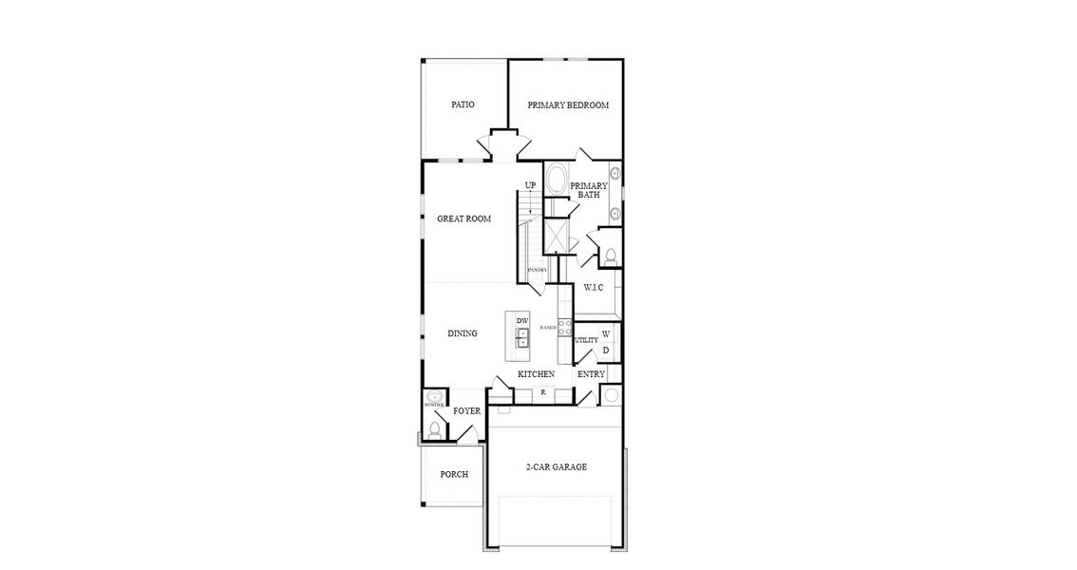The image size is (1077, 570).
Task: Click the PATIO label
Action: [463, 104]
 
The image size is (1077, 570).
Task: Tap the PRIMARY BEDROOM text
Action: [568, 104]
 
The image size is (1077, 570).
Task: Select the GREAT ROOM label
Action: [463, 218]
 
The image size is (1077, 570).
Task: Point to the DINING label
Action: [463, 333]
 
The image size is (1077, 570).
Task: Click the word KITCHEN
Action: [536, 374]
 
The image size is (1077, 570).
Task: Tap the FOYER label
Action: [466, 411]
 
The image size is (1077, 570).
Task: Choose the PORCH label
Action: [454, 474]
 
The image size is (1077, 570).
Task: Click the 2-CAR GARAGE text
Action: [557, 466]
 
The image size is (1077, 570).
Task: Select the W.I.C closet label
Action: [594, 287]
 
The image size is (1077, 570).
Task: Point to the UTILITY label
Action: [586, 340]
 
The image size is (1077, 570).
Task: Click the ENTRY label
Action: [591, 374]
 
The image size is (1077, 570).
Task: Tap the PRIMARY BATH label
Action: [589, 190]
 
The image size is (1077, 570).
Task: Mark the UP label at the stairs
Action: [530, 185]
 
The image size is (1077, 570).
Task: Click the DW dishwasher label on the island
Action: [522, 321]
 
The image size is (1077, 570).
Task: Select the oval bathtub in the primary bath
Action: [557, 180]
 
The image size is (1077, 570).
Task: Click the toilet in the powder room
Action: [434, 428]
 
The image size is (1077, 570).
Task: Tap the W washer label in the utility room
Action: [606, 334]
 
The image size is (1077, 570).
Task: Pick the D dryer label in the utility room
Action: [606, 351]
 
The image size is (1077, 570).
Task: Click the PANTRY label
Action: [538, 271]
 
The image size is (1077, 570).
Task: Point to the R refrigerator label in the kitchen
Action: [542, 391]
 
